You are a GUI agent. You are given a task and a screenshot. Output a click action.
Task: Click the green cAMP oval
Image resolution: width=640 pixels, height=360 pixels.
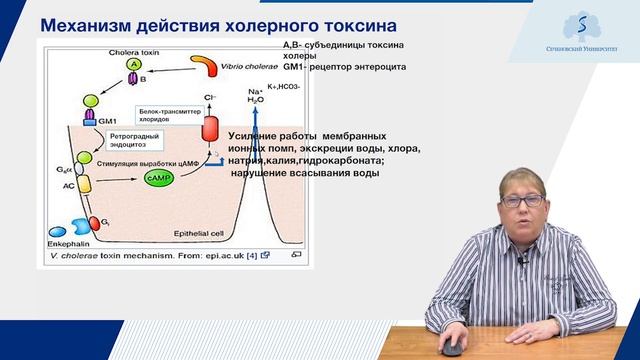click(158, 176)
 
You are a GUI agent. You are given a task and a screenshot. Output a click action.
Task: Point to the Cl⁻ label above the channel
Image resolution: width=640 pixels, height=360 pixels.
click(209, 98)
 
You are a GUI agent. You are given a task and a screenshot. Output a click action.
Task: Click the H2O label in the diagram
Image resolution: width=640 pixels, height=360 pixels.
click(255, 99)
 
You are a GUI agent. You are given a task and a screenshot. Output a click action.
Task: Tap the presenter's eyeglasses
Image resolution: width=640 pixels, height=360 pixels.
click(523, 200)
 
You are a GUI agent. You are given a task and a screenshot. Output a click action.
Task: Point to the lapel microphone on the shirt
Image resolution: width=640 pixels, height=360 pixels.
click(520, 262)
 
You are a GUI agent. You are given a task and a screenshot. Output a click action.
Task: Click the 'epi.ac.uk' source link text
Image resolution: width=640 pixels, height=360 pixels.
click(222, 256)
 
